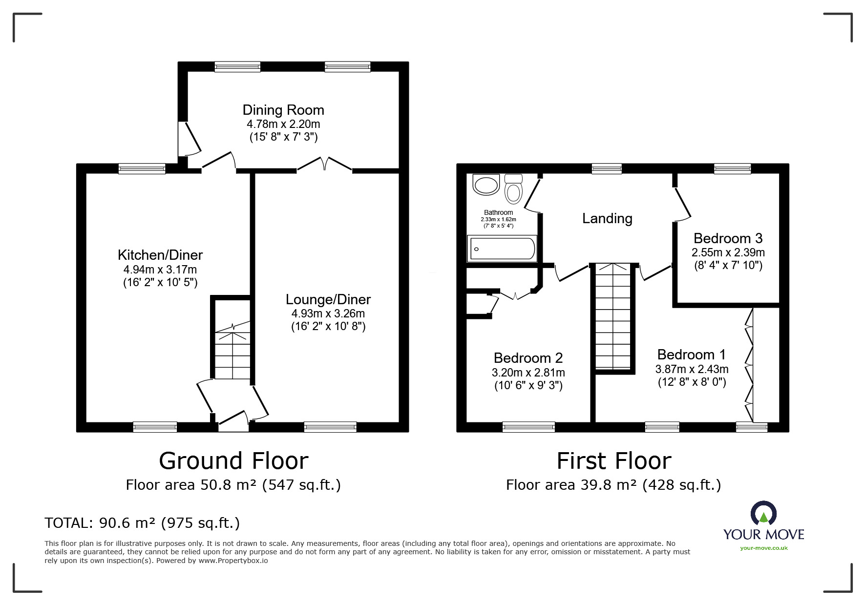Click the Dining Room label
(x=283, y=110)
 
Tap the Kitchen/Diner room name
(x=160, y=255)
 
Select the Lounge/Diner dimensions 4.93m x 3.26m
(x=328, y=313)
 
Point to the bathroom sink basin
(x=485, y=185)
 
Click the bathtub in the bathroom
(x=502, y=249)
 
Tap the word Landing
(x=607, y=218)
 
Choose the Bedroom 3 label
(x=728, y=238)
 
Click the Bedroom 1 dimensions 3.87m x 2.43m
(x=692, y=369)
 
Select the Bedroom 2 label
(x=528, y=358)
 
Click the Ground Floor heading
(x=233, y=460)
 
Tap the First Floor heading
(x=614, y=460)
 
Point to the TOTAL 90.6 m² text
(x=142, y=523)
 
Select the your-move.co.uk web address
(x=764, y=548)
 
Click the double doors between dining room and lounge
(x=325, y=164)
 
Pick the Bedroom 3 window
(x=732, y=168)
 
